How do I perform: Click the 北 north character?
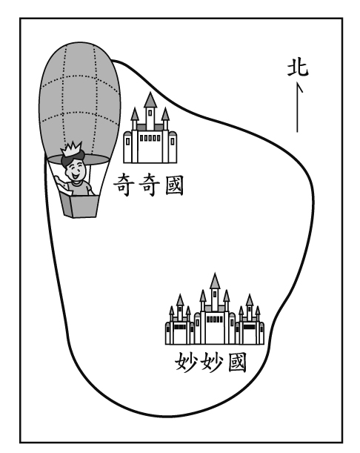(x=298, y=68)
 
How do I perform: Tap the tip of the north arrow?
(x=297, y=83)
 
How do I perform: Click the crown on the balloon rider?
(x=71, y=149)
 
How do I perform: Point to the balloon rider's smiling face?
(x=75, y=170)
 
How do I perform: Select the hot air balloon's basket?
(x=79, y=205)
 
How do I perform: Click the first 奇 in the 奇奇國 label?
(x=122, y=185)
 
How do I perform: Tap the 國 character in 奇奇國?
(x=174, y=185)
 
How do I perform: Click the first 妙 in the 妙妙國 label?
(x=186, y=361)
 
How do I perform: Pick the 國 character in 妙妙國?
(x=237, y=362)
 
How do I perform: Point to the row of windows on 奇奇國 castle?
(x=150, y=138)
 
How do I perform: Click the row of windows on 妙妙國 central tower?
(x=215, y=320)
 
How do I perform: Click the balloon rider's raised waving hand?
(x=59, y=179)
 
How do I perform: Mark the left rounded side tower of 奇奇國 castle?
(x=127, y=147)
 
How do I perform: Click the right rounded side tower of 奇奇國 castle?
(x=173, y=147)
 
